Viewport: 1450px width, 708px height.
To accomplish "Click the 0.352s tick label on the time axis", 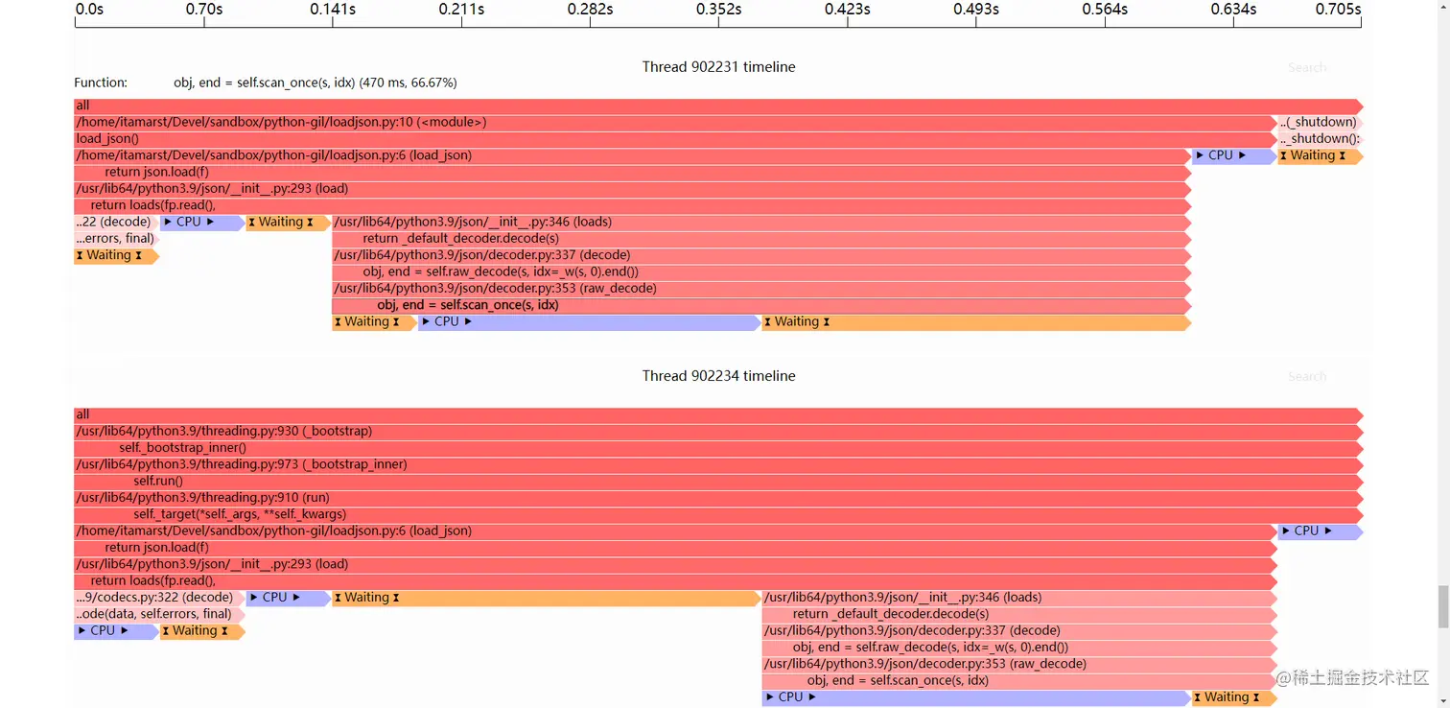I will [x=718, y=10].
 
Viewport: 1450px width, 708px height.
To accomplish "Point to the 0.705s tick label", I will [x=1338, y=10].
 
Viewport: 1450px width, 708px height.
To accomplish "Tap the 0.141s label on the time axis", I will [x=333, y=10].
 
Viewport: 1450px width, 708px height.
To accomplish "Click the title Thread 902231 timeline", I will [x=718, y=67].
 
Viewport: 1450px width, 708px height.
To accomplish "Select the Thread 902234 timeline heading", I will [x=718, y=376].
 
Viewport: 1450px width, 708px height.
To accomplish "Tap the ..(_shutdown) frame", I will [x=1319, y=123].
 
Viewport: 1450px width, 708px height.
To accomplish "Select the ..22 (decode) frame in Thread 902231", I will [x=113, y=223].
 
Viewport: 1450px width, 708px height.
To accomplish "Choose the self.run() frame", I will [x=158, y=482].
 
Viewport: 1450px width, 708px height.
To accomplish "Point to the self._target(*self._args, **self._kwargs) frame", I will [x=240, y=515].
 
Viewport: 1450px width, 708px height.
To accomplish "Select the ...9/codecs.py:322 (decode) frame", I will [x=153, y=598].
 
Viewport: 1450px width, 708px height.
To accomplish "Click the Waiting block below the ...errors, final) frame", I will [x=114, y=256].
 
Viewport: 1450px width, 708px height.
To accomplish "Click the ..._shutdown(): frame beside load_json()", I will [x=1319, y=139].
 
